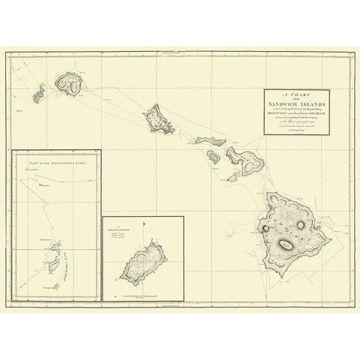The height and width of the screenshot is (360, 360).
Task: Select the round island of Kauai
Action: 73,86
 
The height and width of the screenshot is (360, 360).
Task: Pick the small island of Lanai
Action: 214,157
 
